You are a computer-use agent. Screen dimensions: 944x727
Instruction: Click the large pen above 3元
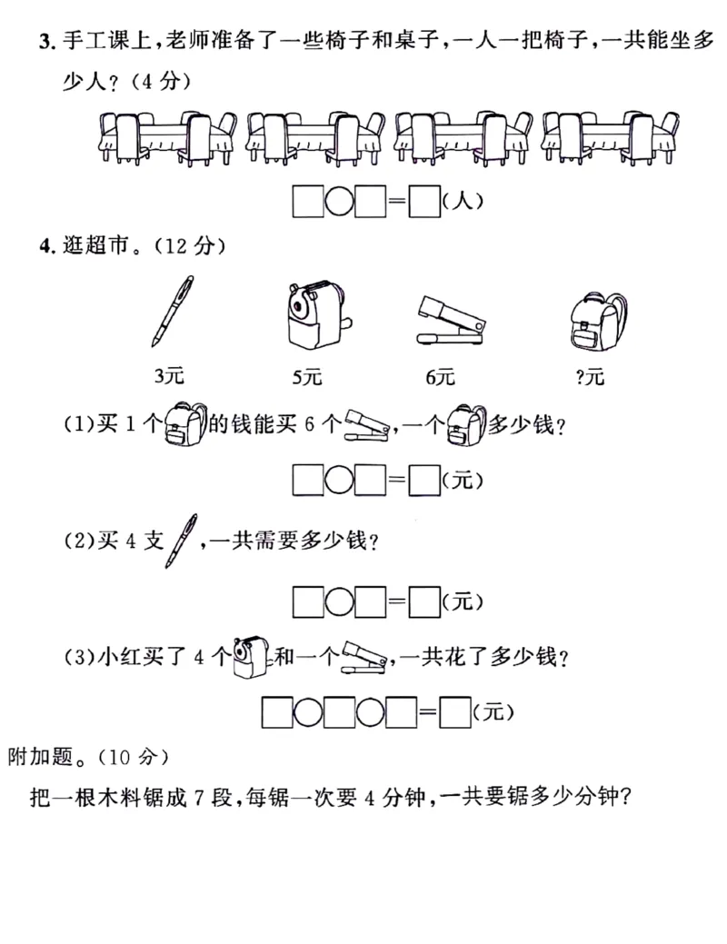coord(173,312)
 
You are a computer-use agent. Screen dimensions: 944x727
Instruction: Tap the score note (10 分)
coord(134,755)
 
